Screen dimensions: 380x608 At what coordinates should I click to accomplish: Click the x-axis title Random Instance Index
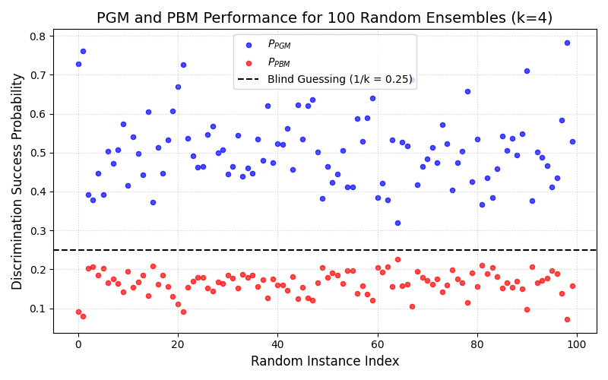[x=325, y=361]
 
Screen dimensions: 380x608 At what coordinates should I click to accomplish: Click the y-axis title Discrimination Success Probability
[x=17, y=181]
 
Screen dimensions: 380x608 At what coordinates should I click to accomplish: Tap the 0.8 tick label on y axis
[x=37, y=36]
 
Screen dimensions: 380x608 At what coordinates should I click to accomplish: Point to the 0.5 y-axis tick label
[x=37, y=153]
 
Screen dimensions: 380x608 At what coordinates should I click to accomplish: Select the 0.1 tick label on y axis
[x=37, y=309]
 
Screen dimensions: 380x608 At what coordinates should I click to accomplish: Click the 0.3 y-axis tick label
[x=37, y=230]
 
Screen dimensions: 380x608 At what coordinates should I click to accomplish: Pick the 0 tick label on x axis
[x=78, y=344]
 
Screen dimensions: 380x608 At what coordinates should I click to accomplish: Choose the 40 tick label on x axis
[x=277, y=344]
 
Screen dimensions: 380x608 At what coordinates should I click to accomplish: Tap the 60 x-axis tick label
[x=378, y=344]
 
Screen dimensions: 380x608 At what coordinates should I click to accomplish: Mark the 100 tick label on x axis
[x=577, y=344]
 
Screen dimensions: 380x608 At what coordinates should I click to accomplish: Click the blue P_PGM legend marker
[x=249, y=45]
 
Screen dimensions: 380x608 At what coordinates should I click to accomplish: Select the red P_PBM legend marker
[x=249, y=62]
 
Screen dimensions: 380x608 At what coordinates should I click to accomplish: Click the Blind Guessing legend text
[x=339, y=79]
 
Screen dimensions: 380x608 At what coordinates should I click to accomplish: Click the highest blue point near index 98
[x=567, y=43]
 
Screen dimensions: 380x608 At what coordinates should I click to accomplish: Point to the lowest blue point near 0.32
[x=397, y=223]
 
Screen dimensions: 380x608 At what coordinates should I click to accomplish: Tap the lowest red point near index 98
[x=567, y=319]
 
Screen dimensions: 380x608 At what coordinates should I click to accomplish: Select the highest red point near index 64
[x=397, y=259]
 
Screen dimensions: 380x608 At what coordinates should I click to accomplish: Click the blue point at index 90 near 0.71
[x=527, y=71]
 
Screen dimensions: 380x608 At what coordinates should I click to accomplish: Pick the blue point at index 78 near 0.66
[x=467, y=91]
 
